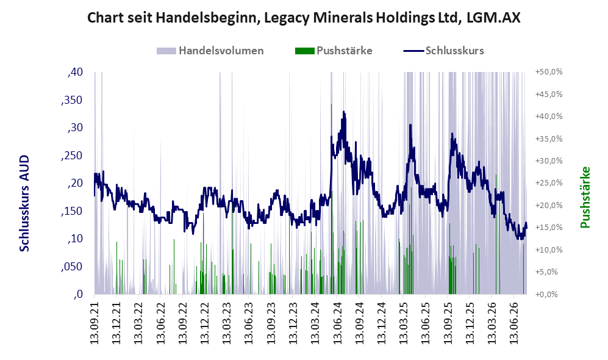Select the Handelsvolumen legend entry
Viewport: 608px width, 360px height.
210,51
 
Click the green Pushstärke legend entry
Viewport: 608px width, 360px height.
334,51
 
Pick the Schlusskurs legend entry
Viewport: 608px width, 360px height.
443,51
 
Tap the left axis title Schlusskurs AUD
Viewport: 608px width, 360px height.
24,203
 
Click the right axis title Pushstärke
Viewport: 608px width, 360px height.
585,198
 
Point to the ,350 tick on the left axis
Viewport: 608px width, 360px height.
72,100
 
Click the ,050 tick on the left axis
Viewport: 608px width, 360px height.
72,267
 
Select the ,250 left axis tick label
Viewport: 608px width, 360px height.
72,156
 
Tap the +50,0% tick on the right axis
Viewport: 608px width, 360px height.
549,72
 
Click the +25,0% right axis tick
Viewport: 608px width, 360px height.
549,182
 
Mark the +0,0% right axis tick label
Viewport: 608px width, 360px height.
546,294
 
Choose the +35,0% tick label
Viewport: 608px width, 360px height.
549,139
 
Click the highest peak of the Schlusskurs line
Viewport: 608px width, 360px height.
343,112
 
